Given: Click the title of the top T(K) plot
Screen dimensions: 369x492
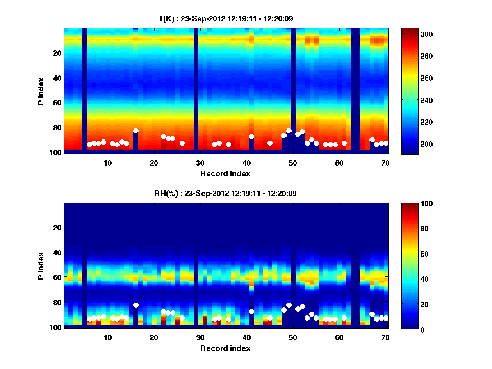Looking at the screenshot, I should click(x=225, y=18).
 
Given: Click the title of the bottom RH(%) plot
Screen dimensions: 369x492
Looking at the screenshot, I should click(x=225, y=193).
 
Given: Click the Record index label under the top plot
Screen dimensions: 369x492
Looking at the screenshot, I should click(x=225, y=173).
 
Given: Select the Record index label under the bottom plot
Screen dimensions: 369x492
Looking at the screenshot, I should click(x=225, y=348).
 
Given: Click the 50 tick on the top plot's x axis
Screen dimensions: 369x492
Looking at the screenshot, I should click(x=293, y=163).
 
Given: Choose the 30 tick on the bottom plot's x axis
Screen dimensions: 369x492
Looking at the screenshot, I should click(x=200, y=337).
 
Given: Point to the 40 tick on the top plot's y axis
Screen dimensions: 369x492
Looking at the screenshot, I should click(x=57, y=77).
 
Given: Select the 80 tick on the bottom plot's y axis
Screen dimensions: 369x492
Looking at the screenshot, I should click(x=57, y=302).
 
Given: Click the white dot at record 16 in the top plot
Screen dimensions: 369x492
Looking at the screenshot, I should click(x=136, y=130).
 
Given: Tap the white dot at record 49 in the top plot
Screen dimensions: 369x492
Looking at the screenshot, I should click(x=289, y=130).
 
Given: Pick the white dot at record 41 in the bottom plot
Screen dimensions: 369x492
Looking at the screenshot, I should click(x=251, y=311).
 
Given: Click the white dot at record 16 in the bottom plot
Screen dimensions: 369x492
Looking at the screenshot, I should click(x=136, y=305).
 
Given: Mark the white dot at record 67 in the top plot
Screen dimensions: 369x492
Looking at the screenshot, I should click(x=372, y=139).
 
